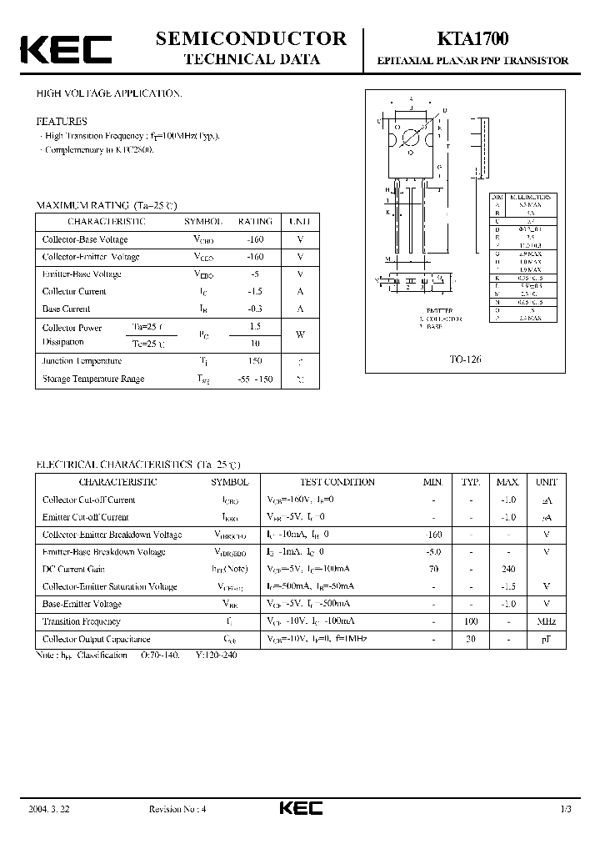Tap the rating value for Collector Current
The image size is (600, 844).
[x=255, y=291]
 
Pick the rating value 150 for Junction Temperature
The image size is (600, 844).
[x=255, y=361]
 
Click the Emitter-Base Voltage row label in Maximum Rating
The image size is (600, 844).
[x=82, y=274]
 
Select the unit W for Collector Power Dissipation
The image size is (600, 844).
[x=300, y=335]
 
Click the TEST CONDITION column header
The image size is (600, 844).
[x=337, y=482]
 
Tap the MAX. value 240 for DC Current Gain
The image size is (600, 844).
[x=507, y=569]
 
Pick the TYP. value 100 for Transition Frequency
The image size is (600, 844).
[x=471, y=621]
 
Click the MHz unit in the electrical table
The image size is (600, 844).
[x=547, y=621]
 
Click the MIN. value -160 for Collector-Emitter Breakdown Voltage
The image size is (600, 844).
[x=432, y=535]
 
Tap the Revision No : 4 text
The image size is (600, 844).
[x=177, y=809]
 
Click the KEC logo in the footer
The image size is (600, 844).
[x=299, y=809]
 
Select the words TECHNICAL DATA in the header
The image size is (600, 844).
[x=251, y=59]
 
